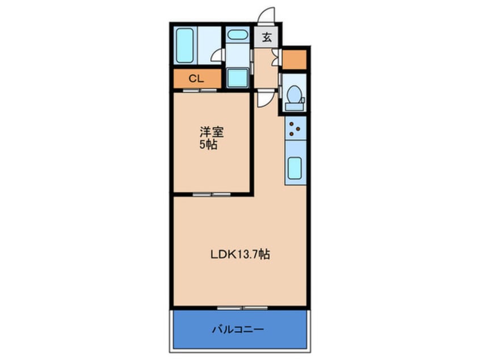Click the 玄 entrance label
tap(267, 37)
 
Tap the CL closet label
tap(196, 79)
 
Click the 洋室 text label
tap(212, 132)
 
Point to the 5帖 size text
tap(208, 144)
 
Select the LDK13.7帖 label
tap(241, 254)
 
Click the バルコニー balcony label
tap(238, 330)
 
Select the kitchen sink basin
tap(295, 168)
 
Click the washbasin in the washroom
tap(238, 35)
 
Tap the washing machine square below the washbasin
tap(238, 78)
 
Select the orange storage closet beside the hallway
tap(294, 60)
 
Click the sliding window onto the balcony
tap(242, 308)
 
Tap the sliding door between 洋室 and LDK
tap(212, 194)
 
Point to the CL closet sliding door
tap(200, 90)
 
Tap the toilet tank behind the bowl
tap(294, 107)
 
